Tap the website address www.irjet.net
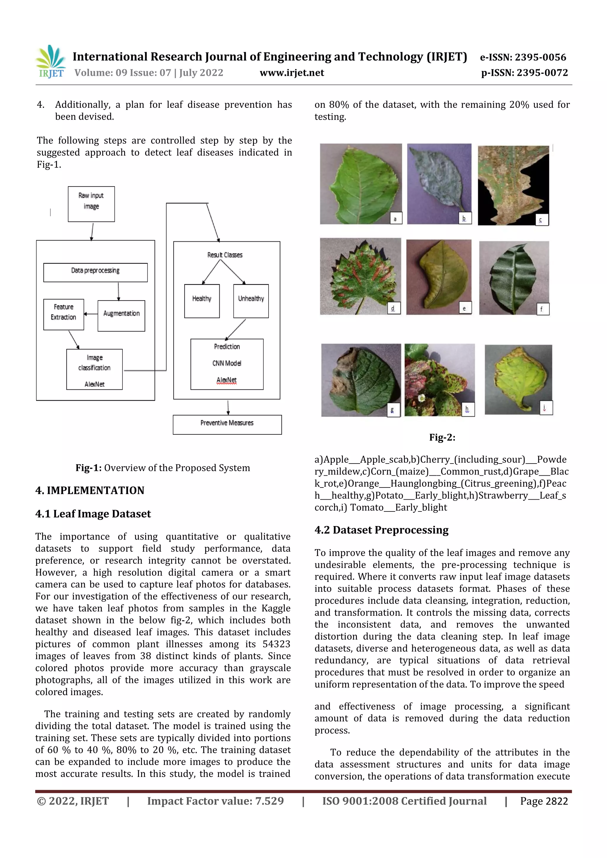[292, 73]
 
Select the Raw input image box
[91, 204]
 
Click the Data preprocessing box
[95, 272]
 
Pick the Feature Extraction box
[64, 314]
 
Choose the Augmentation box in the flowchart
[121, 316]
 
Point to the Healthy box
[202, 301]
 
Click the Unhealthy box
[251, 301]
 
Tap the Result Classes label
[225, 255]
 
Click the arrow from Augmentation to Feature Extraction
[90, 314]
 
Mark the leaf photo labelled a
[360, 184]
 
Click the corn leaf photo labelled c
[513, 185]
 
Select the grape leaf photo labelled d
[360, 276]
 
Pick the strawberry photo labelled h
[440, 380]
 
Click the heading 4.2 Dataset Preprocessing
[381, 530]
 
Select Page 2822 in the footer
[544, 801]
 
